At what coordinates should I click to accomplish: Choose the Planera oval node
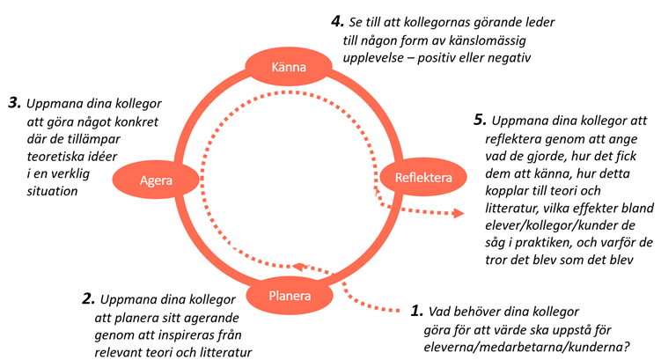tap(290, 296)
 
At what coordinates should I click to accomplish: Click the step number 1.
tap(417, 311)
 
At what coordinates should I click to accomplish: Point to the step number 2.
tap(88, 299)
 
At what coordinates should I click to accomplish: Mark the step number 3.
tap(14, 103)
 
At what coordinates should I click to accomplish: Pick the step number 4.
tap(334, 20)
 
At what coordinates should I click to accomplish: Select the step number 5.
tap(479, 119)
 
